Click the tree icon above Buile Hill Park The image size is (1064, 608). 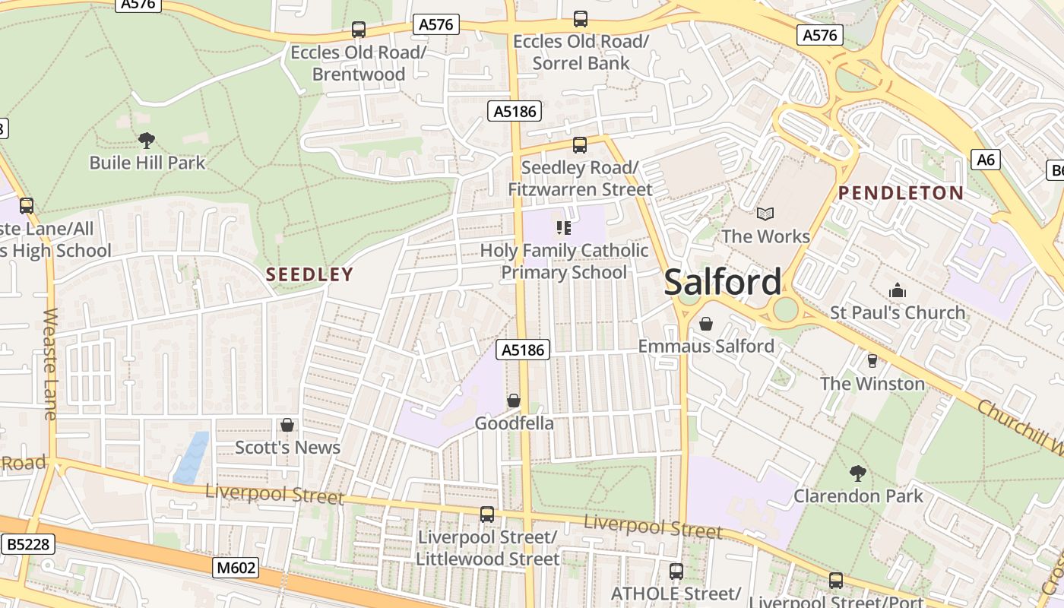click(147, 140)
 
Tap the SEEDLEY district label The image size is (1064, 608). click(310, 274)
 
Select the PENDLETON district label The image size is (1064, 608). click(901, 193)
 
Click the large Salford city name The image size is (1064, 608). click(723, 282)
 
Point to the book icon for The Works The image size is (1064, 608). click(765, 214)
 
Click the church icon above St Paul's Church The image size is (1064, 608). click(898, 291)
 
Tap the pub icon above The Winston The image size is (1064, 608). click(872, 361)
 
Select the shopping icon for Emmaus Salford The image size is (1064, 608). click(706, 325)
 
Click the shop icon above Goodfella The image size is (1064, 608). click(514, 401)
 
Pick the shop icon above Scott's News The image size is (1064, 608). click(287, 425)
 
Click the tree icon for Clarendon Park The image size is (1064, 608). click(858, 473)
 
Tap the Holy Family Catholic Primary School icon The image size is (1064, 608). click(564, 227)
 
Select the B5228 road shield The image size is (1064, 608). click(28, 544)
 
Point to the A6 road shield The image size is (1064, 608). click(986, 160)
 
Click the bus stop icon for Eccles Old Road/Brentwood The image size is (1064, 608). click(359, 30)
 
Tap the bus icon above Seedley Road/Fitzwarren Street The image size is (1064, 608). click(580, 144)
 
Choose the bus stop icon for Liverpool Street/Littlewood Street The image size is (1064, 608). click(487, 515)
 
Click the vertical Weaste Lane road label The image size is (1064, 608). click(50, 363)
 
